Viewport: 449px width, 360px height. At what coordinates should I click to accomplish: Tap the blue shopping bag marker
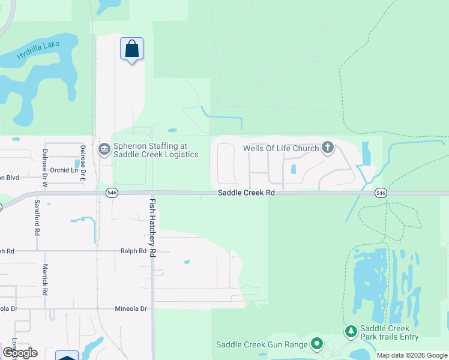(x=131, y=49)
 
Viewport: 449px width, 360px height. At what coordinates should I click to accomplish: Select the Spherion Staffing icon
(x=104, y=148)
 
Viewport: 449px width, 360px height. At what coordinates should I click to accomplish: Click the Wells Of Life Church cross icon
(x=327, y=148)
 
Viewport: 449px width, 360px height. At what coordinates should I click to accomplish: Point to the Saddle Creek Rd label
(x=246, y=193)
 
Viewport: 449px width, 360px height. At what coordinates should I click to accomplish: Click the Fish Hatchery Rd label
(x=152, y=229)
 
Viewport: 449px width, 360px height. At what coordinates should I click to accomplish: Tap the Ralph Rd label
(x=133, y=251)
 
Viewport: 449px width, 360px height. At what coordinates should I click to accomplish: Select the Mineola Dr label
(x=131, y=308)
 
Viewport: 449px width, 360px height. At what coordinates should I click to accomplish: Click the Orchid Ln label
(x=64, y=170)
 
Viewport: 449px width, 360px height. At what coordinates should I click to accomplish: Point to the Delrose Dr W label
(x=44, y=161)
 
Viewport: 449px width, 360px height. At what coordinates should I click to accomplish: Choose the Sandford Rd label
(x=37, y=217)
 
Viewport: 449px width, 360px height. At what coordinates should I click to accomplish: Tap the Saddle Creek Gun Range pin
(x=316, y=344)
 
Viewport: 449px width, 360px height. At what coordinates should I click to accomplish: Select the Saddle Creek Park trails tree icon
(x=351, y=331)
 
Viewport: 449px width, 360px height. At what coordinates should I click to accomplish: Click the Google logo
(x=20, y=353)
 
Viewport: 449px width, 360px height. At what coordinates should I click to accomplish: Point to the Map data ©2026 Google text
(x=412, y=355)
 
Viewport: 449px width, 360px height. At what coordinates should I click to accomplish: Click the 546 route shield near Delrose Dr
(x=112, y=193)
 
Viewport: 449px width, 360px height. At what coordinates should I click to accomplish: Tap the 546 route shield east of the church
(x=381, y=193)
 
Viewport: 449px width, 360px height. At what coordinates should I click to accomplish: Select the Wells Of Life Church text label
(x=280, y=148)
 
